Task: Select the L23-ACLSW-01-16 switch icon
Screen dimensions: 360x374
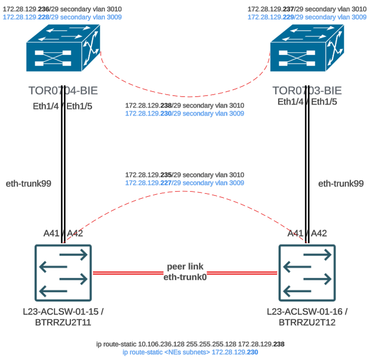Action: coord(307,272)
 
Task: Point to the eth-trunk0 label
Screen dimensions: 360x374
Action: coord(185,278)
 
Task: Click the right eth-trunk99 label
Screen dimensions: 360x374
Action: coord(341,184)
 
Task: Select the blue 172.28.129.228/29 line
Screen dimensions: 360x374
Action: coord(62,17)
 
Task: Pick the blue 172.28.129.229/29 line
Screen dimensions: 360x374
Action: coord(307,17)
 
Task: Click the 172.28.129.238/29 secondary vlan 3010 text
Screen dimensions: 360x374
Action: coord(184,105)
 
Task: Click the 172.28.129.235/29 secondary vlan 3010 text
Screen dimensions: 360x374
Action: coord(184,175)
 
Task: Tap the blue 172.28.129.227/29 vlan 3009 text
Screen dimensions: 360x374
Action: coord(184,183)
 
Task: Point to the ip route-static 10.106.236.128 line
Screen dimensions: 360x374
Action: coord(185,344)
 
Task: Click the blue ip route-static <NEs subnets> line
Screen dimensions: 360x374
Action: coord(185,353)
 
